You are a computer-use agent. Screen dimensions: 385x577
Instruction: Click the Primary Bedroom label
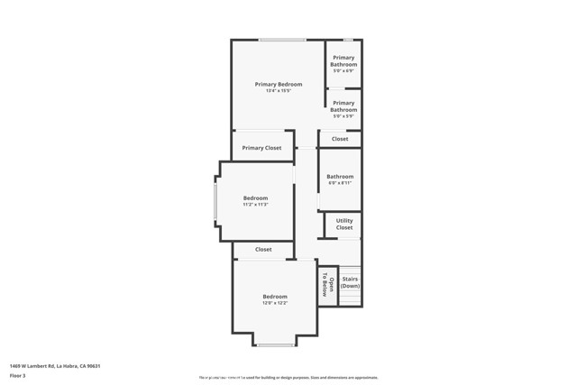point(278,84)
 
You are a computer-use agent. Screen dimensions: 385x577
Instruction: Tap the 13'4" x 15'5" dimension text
point(278,91)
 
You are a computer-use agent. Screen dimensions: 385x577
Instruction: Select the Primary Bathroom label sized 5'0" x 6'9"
point(343,61)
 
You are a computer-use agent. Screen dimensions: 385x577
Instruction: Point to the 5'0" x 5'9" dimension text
point(343,116)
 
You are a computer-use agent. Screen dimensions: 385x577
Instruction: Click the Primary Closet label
point(261,148)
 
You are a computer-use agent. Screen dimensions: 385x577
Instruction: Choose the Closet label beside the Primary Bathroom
point(340,139)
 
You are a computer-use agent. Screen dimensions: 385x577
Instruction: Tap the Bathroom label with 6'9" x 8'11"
point(340,177)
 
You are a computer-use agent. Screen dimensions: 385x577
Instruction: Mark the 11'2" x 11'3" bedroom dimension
point(255,205)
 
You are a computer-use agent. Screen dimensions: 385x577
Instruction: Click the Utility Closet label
point(344,224)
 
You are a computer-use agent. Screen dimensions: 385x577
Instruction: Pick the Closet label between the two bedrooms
point(263,250)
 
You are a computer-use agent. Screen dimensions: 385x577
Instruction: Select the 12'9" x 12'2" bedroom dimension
point(275,303)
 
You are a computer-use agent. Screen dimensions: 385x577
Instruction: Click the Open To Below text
point(328,285)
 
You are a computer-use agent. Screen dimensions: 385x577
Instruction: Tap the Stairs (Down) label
point(350,282)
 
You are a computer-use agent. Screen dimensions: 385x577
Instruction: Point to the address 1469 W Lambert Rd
point(54,366)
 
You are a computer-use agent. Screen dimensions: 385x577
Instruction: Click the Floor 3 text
point(17,375)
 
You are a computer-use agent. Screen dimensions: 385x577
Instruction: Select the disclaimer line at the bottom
point(288,378)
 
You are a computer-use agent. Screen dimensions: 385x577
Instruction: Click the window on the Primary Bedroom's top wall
point(282,40)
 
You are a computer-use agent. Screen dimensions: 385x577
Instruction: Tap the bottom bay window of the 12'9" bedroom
point(275,344)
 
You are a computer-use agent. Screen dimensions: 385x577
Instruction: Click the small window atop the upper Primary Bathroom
point(348,40)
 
